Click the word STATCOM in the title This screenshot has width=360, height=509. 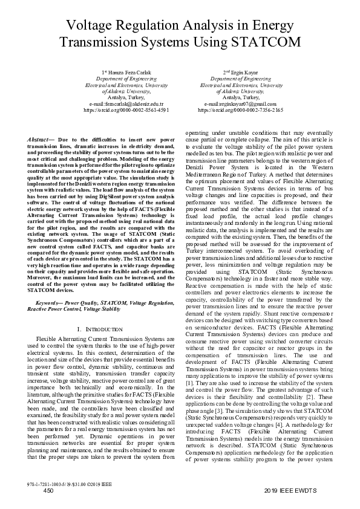[x=266, y=42]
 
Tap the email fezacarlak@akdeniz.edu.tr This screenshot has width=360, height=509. [x=126, y=104]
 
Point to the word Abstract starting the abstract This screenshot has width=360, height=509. [x=39, y=140]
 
